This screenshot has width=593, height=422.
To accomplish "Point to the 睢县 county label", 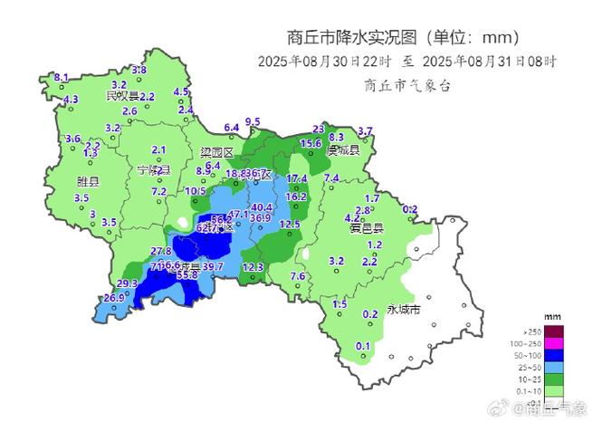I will [x=88, y=181].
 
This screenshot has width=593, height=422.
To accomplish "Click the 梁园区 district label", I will [x=217, y=153].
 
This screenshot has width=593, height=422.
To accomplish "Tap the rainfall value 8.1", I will [x=62, y=78].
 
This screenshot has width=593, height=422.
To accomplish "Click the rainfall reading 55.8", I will [x=187, y=273].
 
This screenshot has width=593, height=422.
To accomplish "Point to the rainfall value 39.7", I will [x=213, y=266].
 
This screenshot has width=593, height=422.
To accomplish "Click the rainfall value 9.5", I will [x=253, y=121].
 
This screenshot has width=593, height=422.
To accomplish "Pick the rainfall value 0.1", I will [x=363, y=346].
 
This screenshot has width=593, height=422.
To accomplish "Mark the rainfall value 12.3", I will [x=253, y=266].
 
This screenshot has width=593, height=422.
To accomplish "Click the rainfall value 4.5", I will [x=181, y=91].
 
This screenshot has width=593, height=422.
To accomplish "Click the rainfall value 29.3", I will [x=128, y=283].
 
